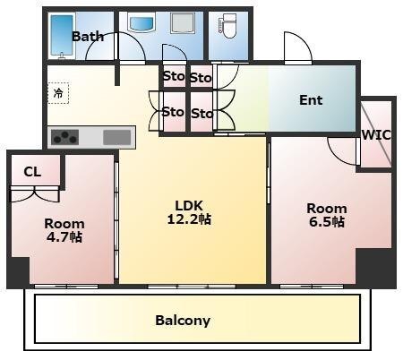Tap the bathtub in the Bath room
[62, 35]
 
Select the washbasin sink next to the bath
[141, 23]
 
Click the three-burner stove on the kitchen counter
[64, 137]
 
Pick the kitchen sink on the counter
[117, 137]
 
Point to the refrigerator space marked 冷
[58, 93]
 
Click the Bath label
[88, 37]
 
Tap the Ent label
[311, 100]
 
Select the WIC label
[376, 135]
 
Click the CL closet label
[32, 172]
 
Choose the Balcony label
[183, 321]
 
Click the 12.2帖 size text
[189, 219]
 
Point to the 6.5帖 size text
[327, 222]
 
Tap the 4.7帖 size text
[64, 237]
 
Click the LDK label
[189, 206]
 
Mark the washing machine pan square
[183, 22]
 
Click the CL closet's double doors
[35, 193]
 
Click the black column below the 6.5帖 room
[375, 268]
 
